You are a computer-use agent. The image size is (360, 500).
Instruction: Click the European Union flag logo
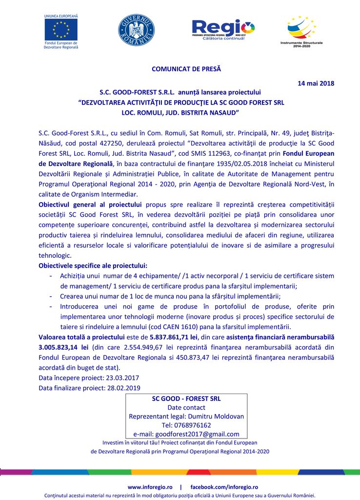click(61, 30)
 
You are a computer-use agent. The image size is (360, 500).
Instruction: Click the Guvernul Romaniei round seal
click(137, 30)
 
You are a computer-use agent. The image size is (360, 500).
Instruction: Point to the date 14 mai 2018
click(316, 83)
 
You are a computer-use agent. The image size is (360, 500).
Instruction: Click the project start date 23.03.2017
click(121, 378)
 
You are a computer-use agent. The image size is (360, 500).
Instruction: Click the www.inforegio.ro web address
click(150, 487)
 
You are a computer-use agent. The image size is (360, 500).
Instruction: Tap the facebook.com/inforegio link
click(223, 487)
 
